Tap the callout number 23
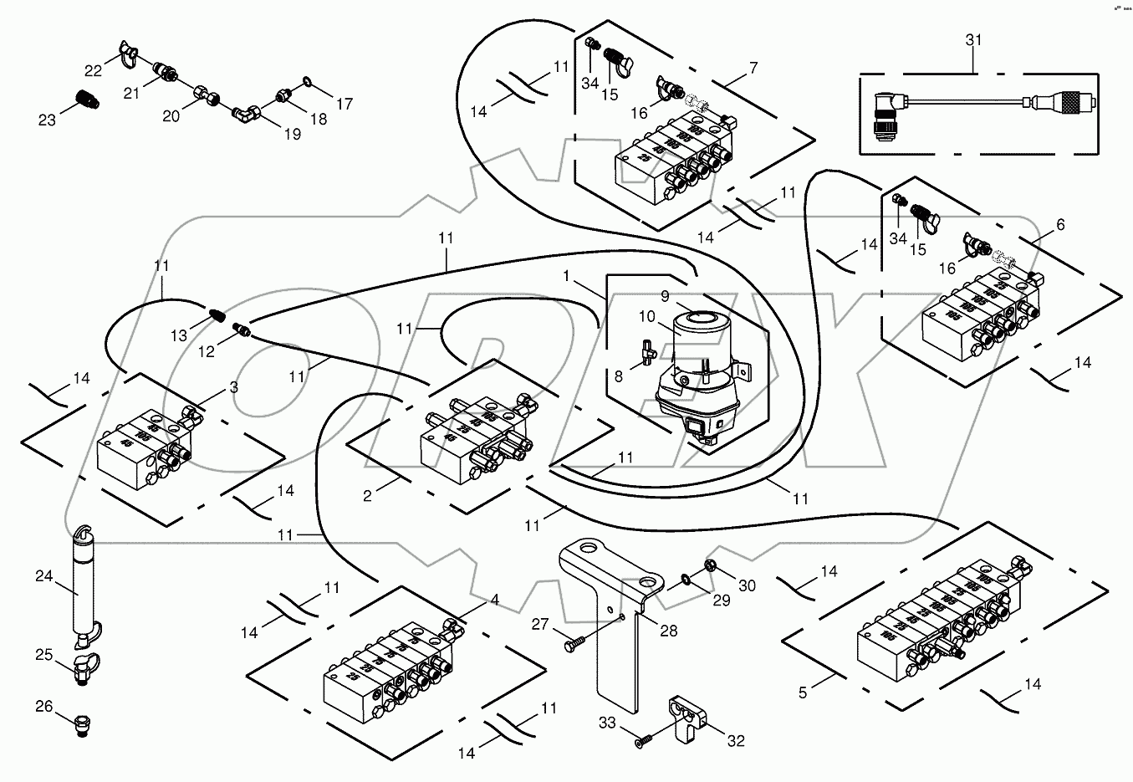(x=47, y=120)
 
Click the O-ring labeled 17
(x=308, y=82)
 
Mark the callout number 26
(x=43, y=708)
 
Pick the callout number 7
(x=753, y=69)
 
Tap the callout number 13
(x=180, y=336)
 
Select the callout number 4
(x=494, y=600)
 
